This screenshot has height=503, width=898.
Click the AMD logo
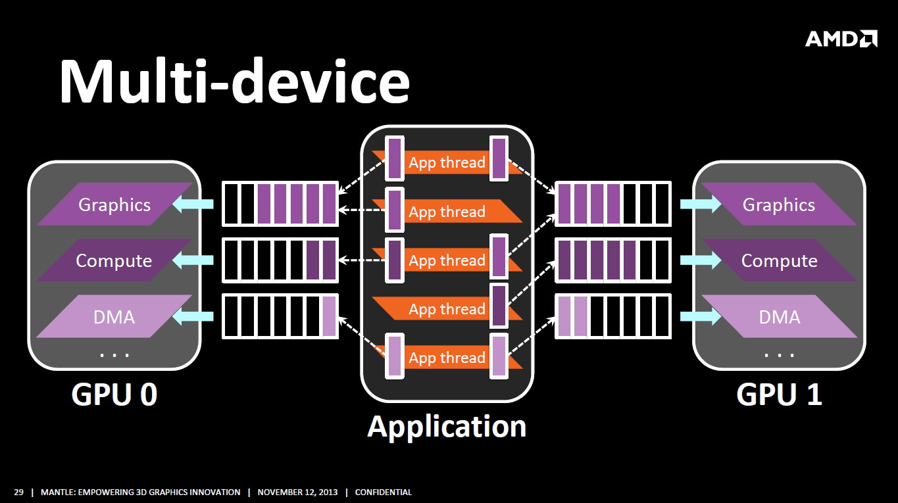[x=841, y=39]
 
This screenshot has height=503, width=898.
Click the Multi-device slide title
[x=235, y=81]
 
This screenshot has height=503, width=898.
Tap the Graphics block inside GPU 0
[x=114, y=204]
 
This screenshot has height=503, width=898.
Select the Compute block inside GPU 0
[x=114, y=260]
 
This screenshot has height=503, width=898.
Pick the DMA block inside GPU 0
[x=114, y=316]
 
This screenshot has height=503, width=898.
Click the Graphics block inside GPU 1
[x=779, y=204]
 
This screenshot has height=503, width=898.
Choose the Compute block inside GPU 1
[x=779, y=260]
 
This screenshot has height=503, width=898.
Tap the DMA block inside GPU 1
[x=780, y=316]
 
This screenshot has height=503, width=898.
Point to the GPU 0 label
[x=114, y=395]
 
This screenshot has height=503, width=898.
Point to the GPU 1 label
[x=780, y=395]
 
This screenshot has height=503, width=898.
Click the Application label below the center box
[x=447, y=427]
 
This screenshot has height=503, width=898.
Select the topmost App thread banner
[x=447, y=162]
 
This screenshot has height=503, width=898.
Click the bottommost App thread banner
[x=447, y=357]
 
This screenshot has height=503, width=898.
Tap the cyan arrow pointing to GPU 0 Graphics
[x=193, y=204]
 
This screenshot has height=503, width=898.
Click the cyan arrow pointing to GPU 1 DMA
[x=701, y=316]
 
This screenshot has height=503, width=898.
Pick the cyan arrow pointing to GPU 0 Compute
[x=193, y=260]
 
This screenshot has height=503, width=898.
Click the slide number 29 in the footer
[x=18, y=492]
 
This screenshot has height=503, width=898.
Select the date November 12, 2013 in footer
[x=297, y=492]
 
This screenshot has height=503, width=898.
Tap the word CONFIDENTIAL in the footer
[x=384, y=492]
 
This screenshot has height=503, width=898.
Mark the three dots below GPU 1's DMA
[x=779, y=355]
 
